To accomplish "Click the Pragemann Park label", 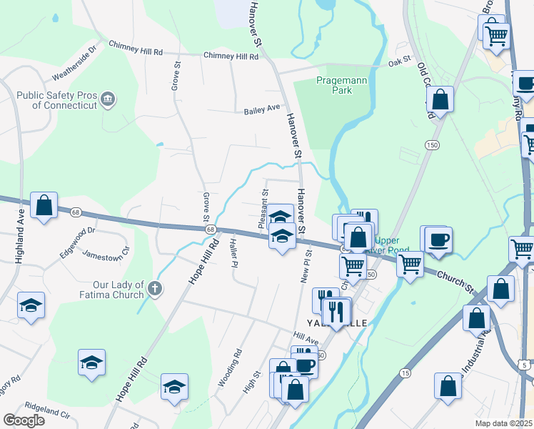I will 342,86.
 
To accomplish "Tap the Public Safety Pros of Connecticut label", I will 56,99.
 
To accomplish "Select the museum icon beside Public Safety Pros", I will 108,98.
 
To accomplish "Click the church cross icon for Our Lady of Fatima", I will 155,289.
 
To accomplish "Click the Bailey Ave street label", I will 262,109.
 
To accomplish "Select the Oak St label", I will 400,62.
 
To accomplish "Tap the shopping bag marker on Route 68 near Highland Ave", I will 44,205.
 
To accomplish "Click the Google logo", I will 24,420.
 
